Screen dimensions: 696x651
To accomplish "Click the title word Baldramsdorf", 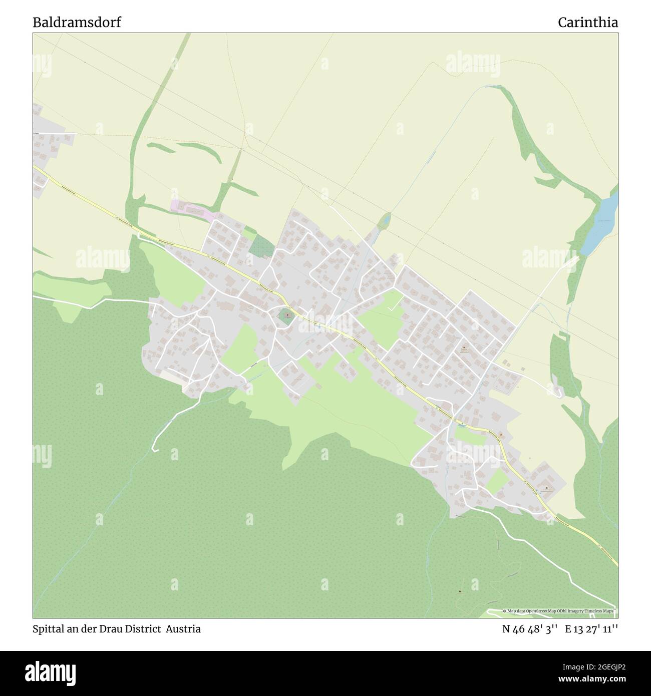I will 77,23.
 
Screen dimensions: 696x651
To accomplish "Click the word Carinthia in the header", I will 587,23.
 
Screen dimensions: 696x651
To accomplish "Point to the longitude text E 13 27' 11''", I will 591,629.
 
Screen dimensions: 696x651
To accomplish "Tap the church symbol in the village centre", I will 287,315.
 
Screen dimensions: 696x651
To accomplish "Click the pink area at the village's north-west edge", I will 191,210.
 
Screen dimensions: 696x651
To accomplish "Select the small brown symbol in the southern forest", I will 460,592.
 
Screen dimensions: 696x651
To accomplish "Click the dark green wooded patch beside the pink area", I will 261,245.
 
